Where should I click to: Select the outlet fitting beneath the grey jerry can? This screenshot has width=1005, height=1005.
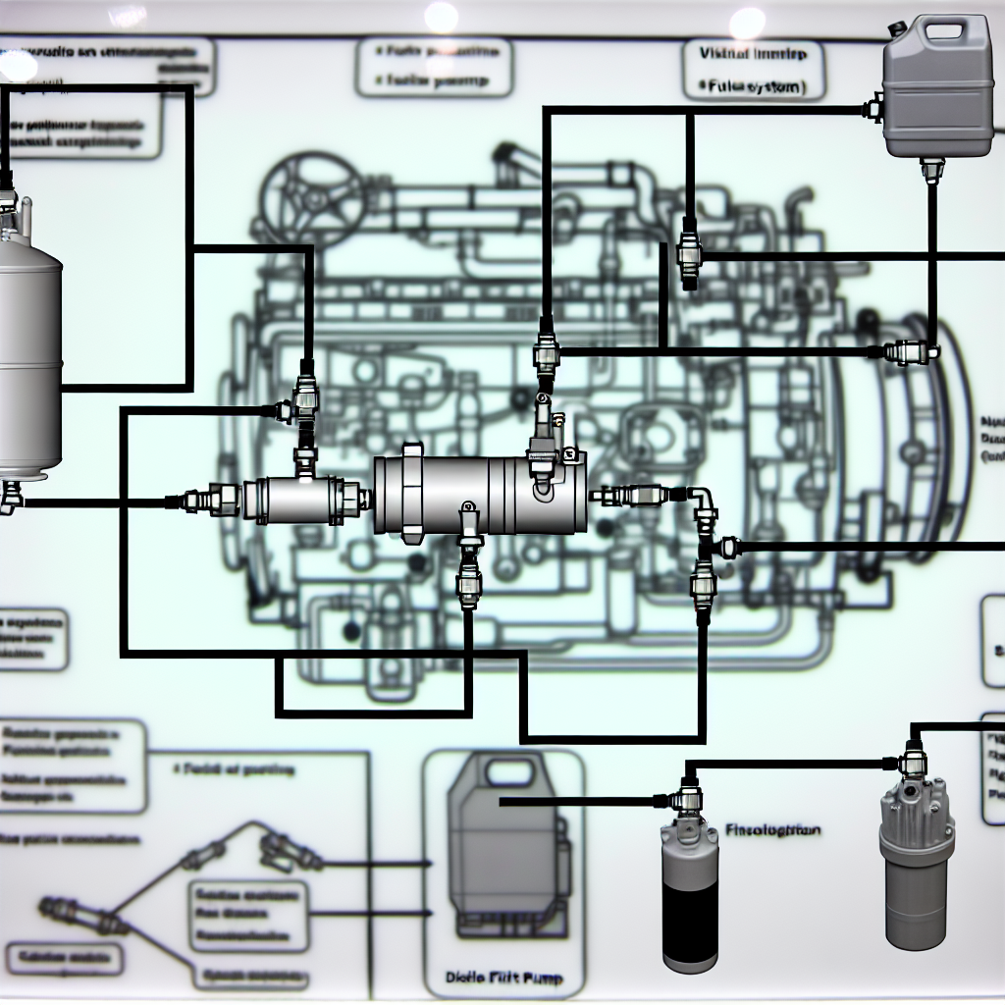tap(931, 169)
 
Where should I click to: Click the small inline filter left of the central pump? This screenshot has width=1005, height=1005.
tap(304, 499)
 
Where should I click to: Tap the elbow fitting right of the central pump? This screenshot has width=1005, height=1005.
tap(703, 502)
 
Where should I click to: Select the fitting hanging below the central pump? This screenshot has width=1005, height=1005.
tap(469, 569)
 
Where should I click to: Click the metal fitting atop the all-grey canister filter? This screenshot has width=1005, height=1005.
tap(913, 761)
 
